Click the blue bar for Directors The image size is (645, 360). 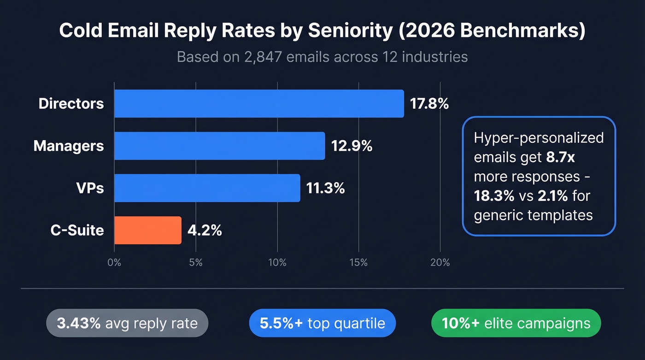click(258, 104)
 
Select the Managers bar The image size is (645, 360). click(219, 146)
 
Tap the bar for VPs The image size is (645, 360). click(207, 188)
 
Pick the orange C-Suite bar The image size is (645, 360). click(147, 230)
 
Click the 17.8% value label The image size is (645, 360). click(429, 104)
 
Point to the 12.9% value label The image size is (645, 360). click(352, 146)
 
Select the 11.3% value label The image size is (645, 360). click(325, 188)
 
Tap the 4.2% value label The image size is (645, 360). click(205, 230)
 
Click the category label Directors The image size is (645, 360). click(71, 104)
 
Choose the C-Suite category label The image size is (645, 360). click(77, 230)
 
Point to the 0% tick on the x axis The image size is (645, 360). click(114, 263)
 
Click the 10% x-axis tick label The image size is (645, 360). click(277, 263)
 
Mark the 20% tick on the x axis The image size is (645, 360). click(440, 263)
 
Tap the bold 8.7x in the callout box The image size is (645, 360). click(561, 158)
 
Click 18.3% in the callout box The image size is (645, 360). click(494, 195)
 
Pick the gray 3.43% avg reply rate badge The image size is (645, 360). click(127, 323)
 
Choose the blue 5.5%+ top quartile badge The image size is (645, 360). click(322, 323)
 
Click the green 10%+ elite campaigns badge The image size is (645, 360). click(516, 323)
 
